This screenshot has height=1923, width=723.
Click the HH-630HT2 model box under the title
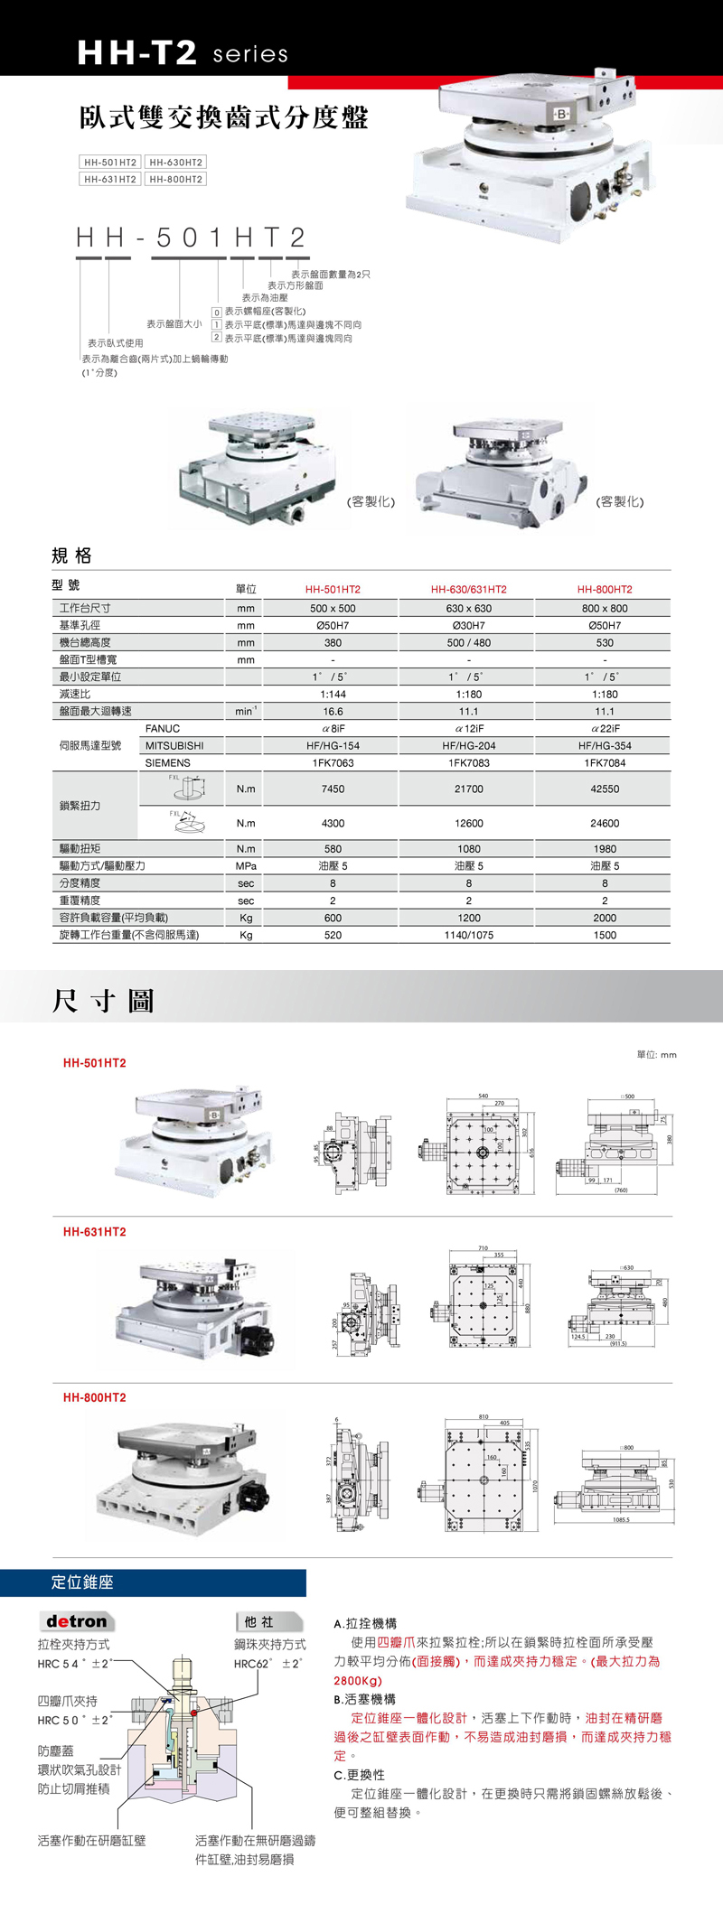(x=175, y=163)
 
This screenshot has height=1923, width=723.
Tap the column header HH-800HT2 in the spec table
(x=605, y=589)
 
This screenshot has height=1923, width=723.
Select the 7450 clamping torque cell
(x=333, y=789)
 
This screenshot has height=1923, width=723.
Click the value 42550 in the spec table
(x=605, y=789)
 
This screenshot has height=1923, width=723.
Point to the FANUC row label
(x=163, y=728)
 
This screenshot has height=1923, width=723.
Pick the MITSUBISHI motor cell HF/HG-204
(x=468, y=746)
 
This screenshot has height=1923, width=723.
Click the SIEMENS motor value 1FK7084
(x=605, y=763)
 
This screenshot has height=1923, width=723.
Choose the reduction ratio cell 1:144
(x=333, y=694)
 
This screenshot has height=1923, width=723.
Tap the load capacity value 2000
(x=605, y=918)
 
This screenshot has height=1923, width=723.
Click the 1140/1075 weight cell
(x=468, y=935)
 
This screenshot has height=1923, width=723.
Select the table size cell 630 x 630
(x=468, y=608)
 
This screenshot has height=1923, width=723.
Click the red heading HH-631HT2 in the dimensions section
(x=94, y=1232)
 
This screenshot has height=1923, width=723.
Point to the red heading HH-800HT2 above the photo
(x=94, y=1397)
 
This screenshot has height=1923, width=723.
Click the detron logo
(x=76, y=1621)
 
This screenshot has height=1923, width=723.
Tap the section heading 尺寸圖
(x=103, y=1001)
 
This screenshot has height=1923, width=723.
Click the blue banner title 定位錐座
(x=82, y=1582)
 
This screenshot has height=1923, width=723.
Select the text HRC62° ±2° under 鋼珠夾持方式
(x=268, y=1664)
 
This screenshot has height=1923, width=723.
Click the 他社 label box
(x=259, y=1622)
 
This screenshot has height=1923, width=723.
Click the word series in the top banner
(x=250, y=54)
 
